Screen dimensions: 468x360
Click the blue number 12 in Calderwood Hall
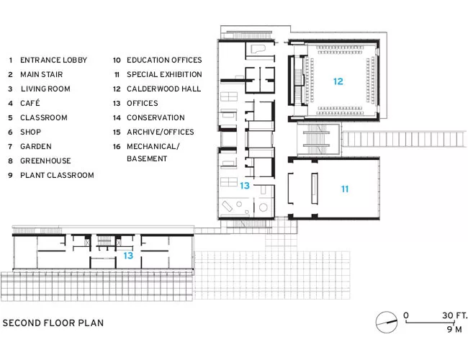338,81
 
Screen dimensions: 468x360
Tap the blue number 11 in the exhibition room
345,189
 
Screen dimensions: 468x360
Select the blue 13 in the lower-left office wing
128,256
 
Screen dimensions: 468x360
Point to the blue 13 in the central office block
245,186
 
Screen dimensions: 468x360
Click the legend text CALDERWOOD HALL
164,89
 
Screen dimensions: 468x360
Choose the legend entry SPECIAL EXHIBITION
164,74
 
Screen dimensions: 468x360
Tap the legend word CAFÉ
30,103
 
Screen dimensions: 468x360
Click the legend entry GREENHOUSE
45,161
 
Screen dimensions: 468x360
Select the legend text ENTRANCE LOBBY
54,60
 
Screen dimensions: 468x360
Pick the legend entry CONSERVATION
156,117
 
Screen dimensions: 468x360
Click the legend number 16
117,147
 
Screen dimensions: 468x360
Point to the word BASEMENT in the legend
147,158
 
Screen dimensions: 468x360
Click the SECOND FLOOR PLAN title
53,323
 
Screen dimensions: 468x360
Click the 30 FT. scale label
454,315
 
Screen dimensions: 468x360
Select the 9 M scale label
454,329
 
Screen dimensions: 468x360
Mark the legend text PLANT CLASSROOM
57,175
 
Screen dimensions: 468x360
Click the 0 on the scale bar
406,315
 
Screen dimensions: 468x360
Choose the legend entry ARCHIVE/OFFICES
161,132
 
